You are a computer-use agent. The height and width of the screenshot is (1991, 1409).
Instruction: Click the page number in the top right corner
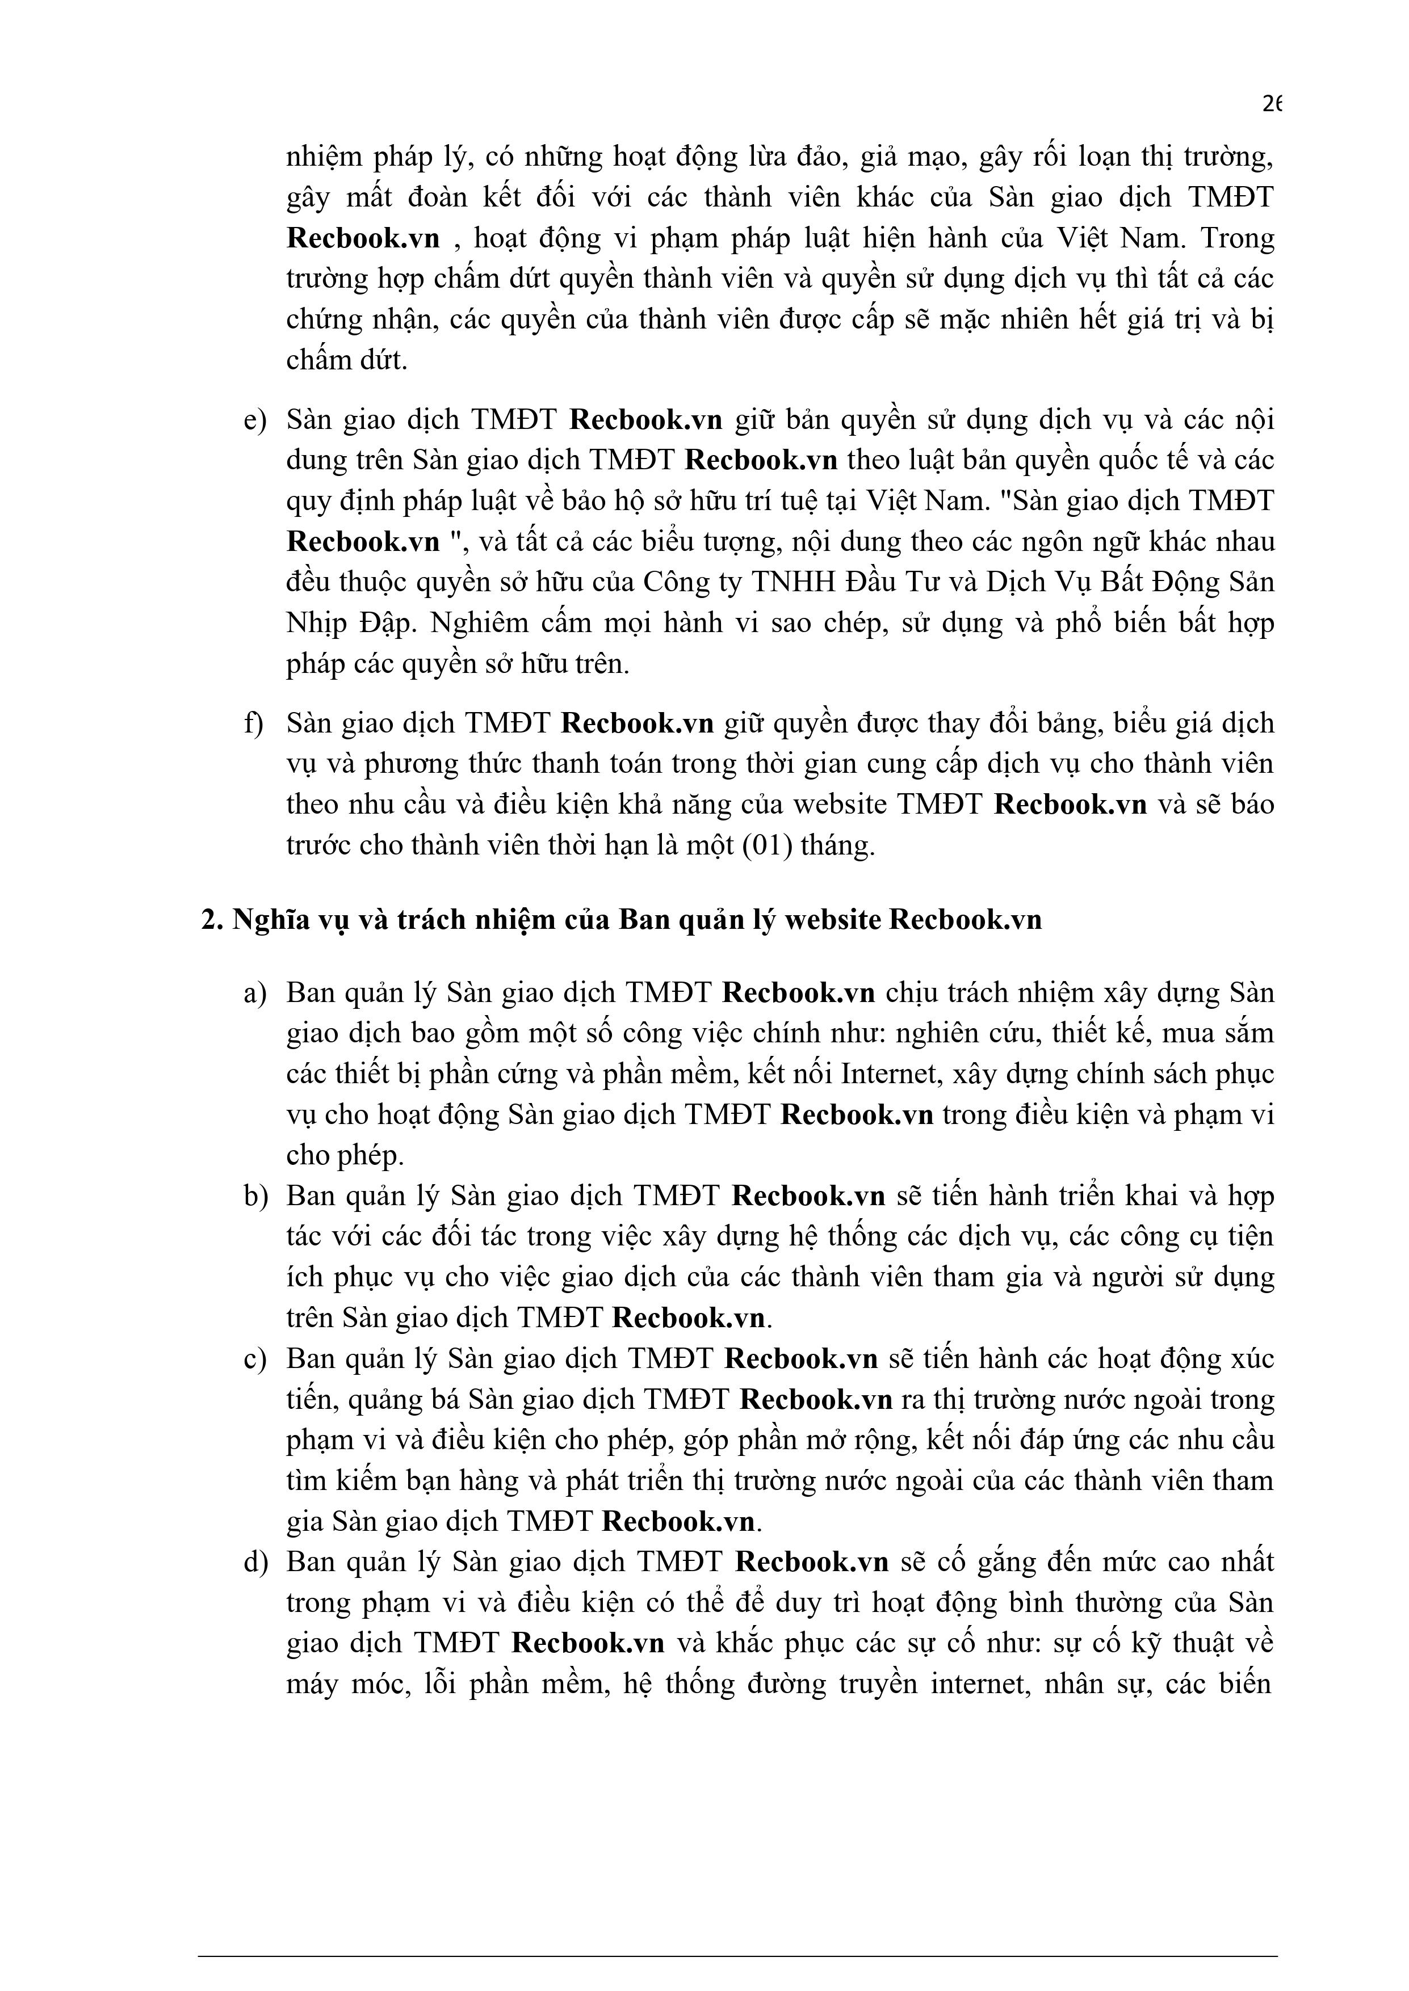coord(1270,104)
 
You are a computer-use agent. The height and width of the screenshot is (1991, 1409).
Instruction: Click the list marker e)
coord(254,420)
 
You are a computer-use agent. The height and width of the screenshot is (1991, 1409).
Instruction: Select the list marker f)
coord(253,723)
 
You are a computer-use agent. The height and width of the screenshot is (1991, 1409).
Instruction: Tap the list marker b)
coord(254,1196)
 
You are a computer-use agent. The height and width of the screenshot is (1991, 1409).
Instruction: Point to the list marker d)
coord(254,1561)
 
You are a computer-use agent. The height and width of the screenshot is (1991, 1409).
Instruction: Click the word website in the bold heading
coord(831,919)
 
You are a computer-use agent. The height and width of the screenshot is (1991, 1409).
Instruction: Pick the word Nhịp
coord(314,622)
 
